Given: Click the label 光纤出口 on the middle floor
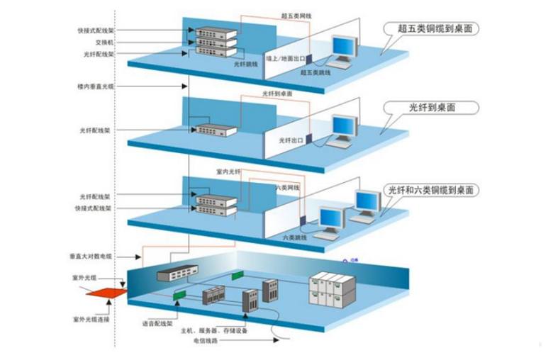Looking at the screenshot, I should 291,140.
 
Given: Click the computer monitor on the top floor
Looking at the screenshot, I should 345,48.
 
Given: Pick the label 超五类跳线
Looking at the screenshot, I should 314,72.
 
